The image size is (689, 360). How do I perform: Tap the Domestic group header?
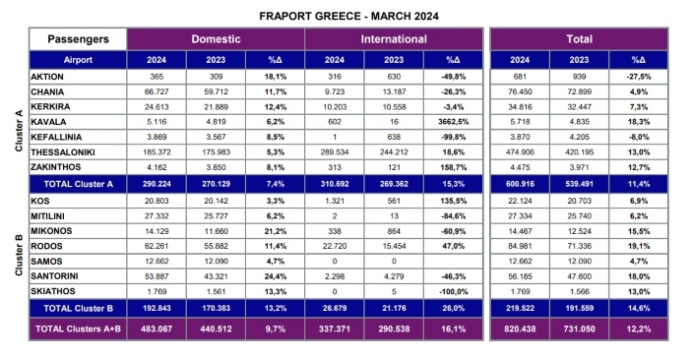(x=216, y=39)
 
